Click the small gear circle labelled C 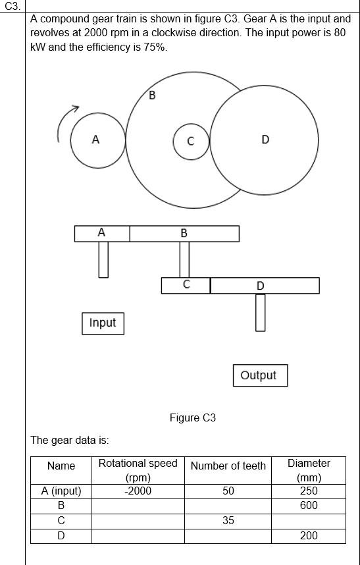[x=191, y=142]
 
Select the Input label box [x=103, y=323]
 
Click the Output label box [x=259, y=375]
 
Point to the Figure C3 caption [x=192, y=417]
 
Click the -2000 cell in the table [x=138, y=491]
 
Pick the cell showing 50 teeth [x=228, y=491]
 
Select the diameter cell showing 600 [x=308, y=506]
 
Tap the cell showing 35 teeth [x=228, y=520]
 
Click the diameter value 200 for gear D [x=308, y=535]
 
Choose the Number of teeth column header [x=228, y=466]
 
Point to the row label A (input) [x=61, y=491]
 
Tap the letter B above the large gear [x=153, y=95]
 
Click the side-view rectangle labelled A [x=102, y=233]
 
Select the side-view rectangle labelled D [x=265, y=286]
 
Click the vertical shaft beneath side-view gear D [x=261, y=312]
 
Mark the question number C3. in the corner [x=13, y=6]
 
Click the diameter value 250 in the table [x=308, y=491]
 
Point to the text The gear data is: [x=70, y=440]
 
